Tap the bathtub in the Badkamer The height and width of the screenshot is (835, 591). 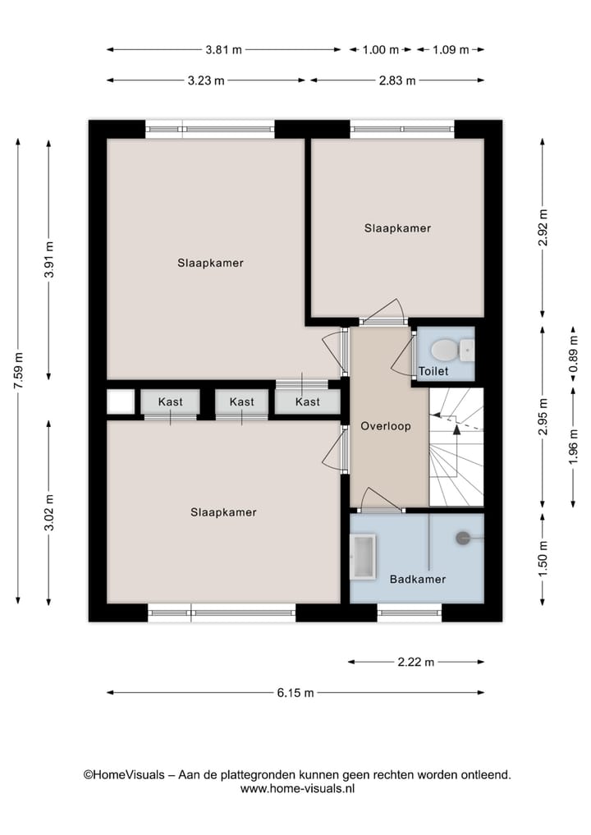click(x=363, y=557)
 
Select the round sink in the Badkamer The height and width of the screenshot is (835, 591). click(x=463, y=538)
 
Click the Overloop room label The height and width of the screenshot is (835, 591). click(x=386, y=426)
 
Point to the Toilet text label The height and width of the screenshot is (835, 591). click(x=433, y=371)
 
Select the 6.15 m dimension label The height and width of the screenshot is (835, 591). click(x=295, y=693)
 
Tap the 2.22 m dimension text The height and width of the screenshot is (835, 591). click(x=416, y=662)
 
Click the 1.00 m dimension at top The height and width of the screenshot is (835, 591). click(x=381, y=50)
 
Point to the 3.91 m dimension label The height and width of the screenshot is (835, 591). click(x=49, y=259)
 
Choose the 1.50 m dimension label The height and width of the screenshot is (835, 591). click(x=543, y=558)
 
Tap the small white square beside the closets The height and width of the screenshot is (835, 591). click(x=121, y=401)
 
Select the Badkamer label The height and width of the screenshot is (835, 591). click(x=418, y=579)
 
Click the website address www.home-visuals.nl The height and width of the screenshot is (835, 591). click(x=298, y=789)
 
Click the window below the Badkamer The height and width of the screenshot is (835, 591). click(x=410, y=613)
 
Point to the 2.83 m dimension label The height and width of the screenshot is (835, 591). click(x=397, y=81)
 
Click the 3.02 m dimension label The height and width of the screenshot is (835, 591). click(x=49, y=513)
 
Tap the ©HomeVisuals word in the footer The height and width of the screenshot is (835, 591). click(x=123, y=775)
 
